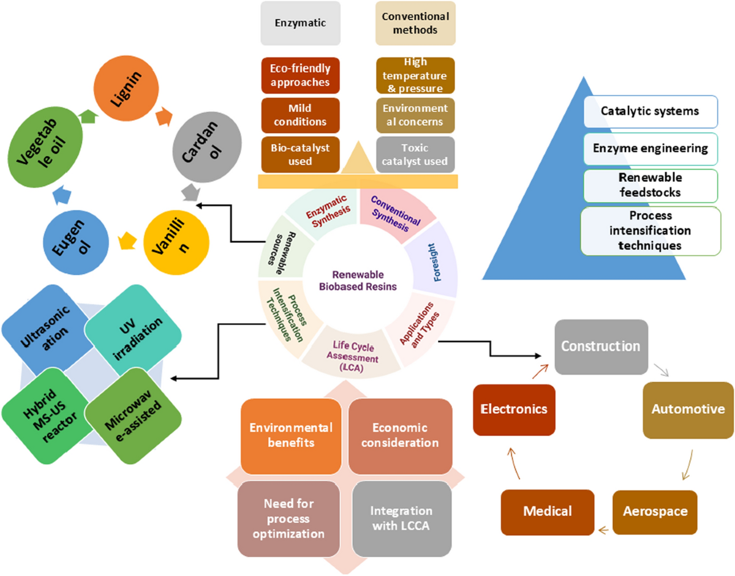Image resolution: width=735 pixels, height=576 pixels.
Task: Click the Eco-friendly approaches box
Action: [x=296, y=75]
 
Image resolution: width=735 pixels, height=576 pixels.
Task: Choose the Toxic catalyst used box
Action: [x=415, y=155]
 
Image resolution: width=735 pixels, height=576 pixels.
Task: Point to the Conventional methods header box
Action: [x=415, y=23]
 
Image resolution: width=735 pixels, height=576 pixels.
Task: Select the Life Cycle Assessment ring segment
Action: [x=352, y=348]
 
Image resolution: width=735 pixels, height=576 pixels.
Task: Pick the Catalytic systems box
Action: [x=650, y=112]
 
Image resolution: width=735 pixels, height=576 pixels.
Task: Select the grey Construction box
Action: [x=600, y=346]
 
